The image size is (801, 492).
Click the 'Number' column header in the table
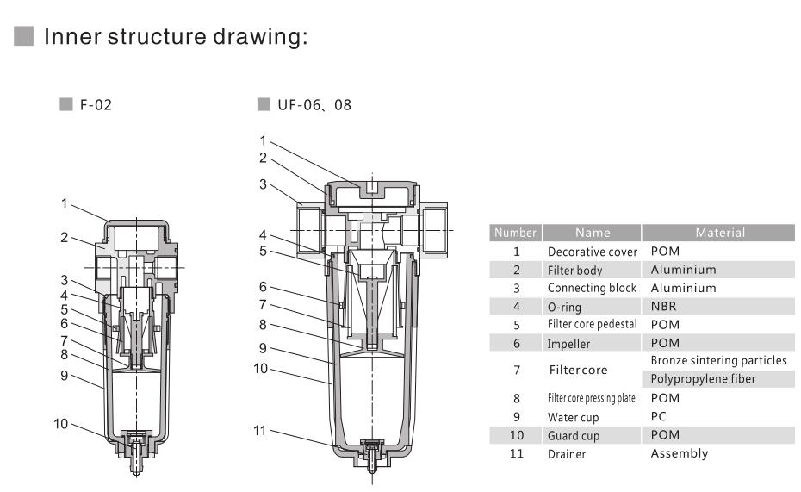coord(516,233)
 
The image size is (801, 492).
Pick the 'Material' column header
coord(719,233)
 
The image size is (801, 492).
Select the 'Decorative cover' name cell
coord(593,252)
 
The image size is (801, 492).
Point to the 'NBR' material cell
coord(663,306)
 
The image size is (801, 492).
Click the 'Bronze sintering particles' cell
coord(718,360)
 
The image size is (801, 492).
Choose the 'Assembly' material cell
coord(679,453)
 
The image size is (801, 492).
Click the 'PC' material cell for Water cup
coord(659,416)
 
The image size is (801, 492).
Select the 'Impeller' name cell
coord(569,343)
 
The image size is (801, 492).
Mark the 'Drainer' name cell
coord(567,454)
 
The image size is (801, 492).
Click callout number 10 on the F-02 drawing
coord(61,423)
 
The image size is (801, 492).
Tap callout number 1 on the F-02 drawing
coord(64,203)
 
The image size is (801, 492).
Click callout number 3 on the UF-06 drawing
coord(263,184)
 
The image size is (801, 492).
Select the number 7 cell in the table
coord(516,370)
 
